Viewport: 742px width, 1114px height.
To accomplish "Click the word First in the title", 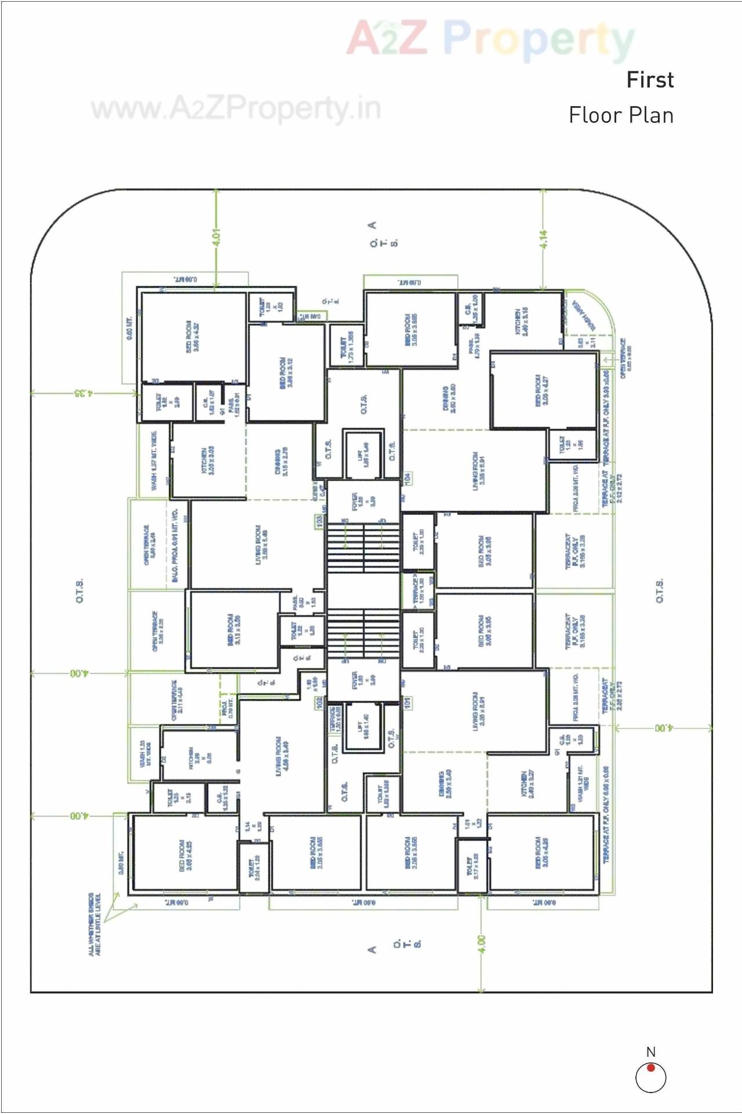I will [650, 80].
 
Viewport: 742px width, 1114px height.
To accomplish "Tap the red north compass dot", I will [651, 1068].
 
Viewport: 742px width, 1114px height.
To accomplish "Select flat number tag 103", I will [319, 522].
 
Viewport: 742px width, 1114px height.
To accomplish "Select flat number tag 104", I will [408, 479].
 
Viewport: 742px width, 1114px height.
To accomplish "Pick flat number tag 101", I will [408, 703].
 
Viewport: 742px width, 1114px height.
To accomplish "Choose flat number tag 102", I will [319, 703].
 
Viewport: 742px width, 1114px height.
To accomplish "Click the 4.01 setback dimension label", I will [217, 237].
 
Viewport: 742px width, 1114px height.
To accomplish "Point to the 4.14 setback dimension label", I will [543, 239].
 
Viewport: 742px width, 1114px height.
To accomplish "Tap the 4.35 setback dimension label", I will [82, 393].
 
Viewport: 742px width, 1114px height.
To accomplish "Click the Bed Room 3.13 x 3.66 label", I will [234, 629].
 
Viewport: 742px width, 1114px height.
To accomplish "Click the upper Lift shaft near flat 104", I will [363, 454].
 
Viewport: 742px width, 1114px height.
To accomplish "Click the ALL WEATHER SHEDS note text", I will [94, 924].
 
